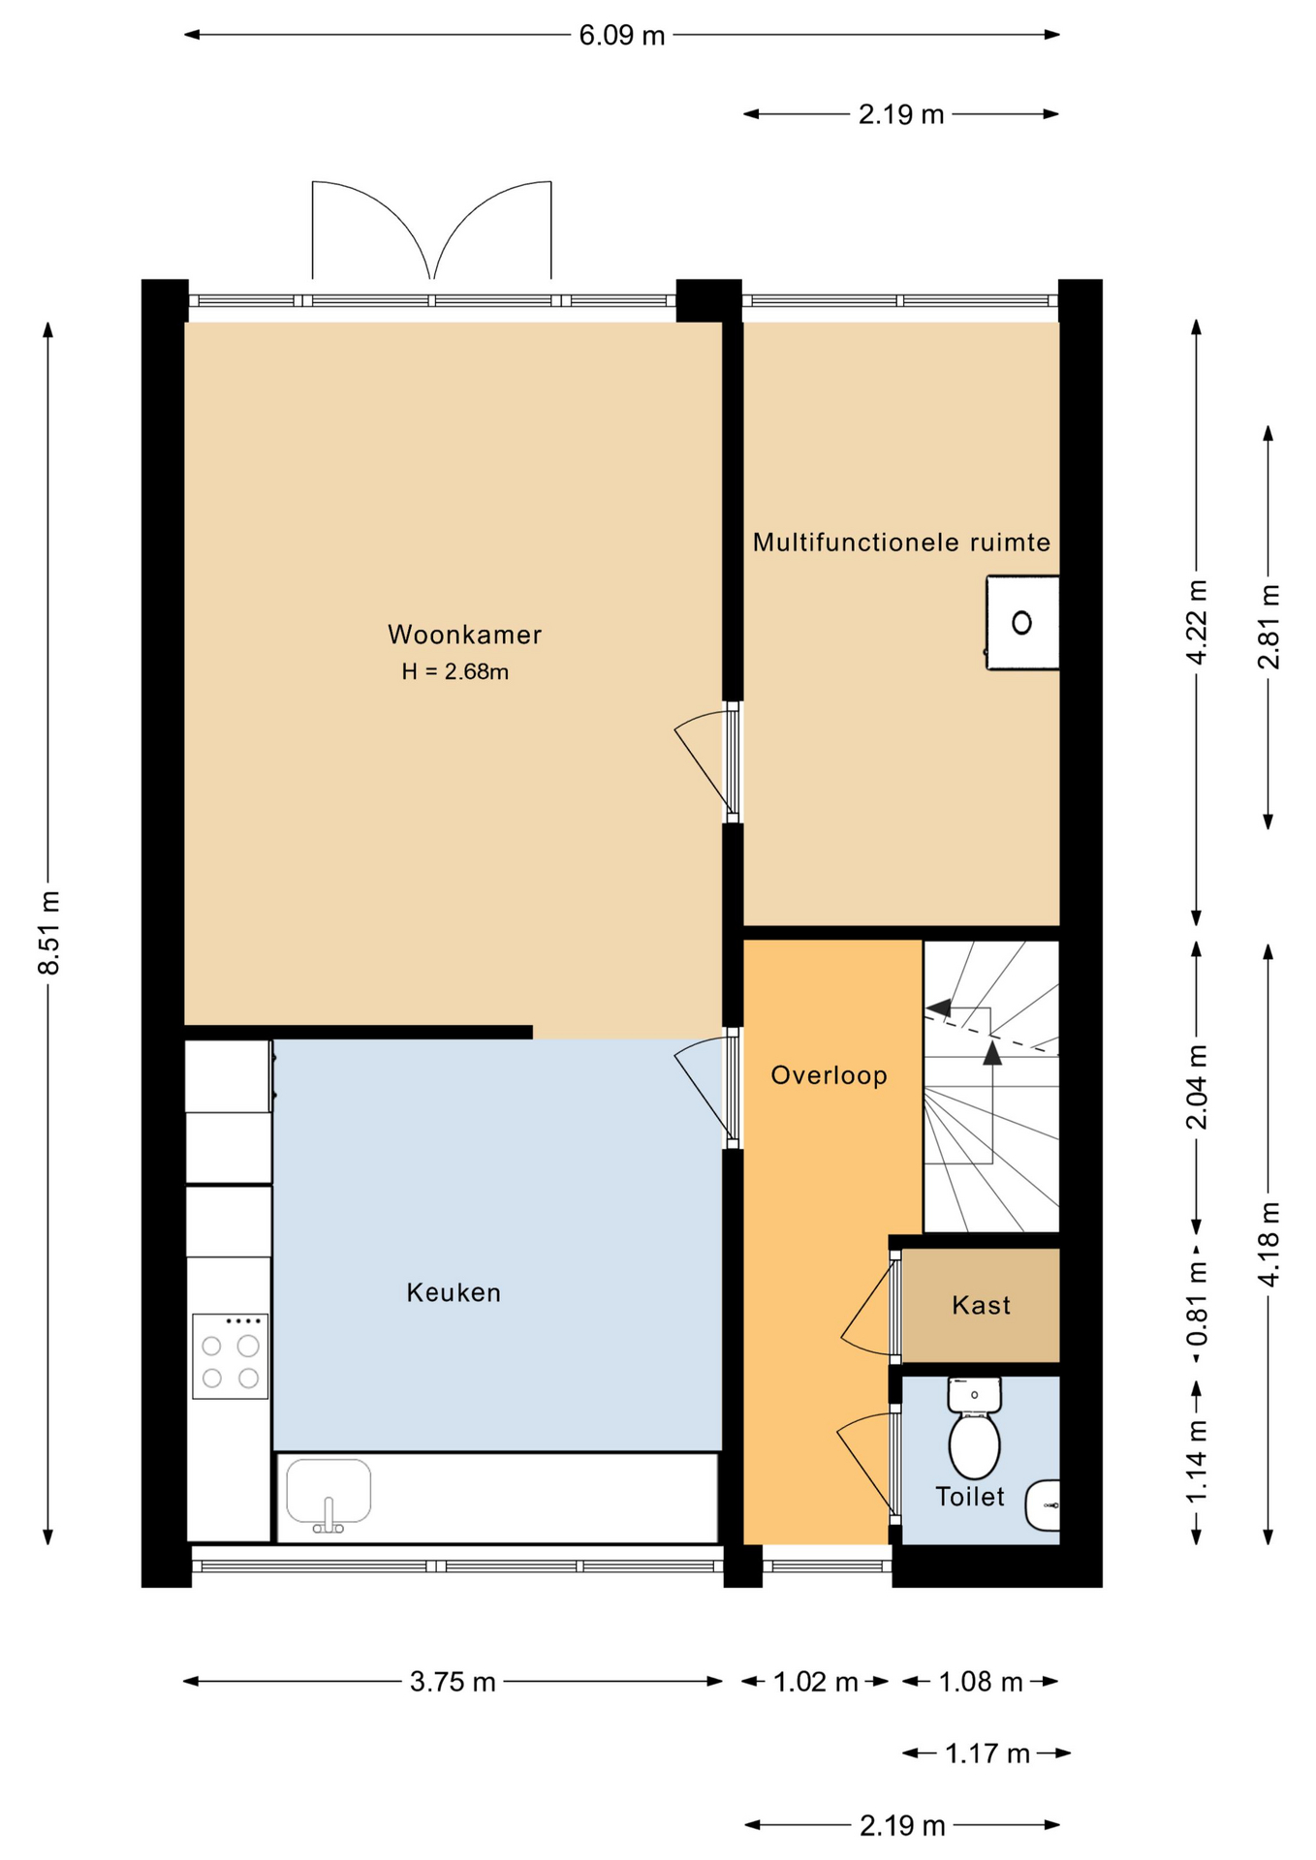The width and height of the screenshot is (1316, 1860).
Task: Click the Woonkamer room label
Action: (x=464, y=635)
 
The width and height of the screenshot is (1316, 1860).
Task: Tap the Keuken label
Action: (x=454, y=1292)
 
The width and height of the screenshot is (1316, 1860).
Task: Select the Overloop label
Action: (x=829, y=1075)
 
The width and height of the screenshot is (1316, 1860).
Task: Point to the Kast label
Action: (x=981, y=1305)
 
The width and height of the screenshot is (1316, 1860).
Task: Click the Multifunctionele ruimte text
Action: (x=901, y=542)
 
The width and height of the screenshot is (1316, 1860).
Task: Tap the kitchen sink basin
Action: (x=329, y=1492)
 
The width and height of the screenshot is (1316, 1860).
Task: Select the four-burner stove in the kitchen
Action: (x=230, y=1356)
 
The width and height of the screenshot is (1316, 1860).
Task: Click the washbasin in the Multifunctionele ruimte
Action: (x=1022, y=622)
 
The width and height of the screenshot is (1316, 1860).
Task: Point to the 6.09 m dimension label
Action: (x=622, y=36)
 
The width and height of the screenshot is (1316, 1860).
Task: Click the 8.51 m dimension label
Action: (x=49, y=932)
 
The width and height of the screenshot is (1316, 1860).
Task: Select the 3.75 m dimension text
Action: (x=453, y=1682)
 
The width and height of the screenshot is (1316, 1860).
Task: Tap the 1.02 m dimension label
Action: (x=815, y=1682)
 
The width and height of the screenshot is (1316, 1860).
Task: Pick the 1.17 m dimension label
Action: (x=987, y=1753)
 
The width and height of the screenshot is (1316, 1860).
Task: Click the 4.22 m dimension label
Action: (x=1197, y=622)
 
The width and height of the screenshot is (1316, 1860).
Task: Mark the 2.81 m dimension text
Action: (x=1269, y=627)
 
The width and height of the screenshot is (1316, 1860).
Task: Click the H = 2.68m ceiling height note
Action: (x=455, y=671)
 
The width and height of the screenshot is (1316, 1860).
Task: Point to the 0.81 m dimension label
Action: (x=1197, y=1304)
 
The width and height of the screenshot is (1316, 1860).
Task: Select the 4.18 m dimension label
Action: (x=1269, y=1244)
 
